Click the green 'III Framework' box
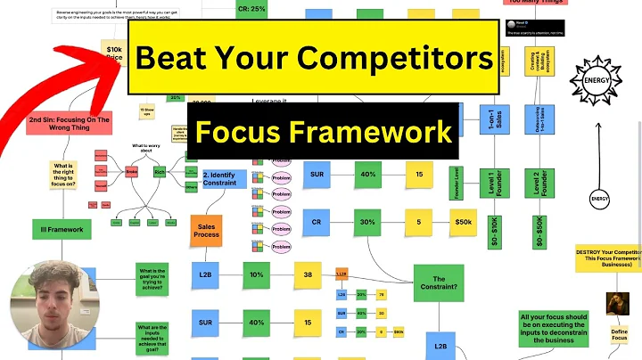62,230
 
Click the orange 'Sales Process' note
206,229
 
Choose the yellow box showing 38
307,276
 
